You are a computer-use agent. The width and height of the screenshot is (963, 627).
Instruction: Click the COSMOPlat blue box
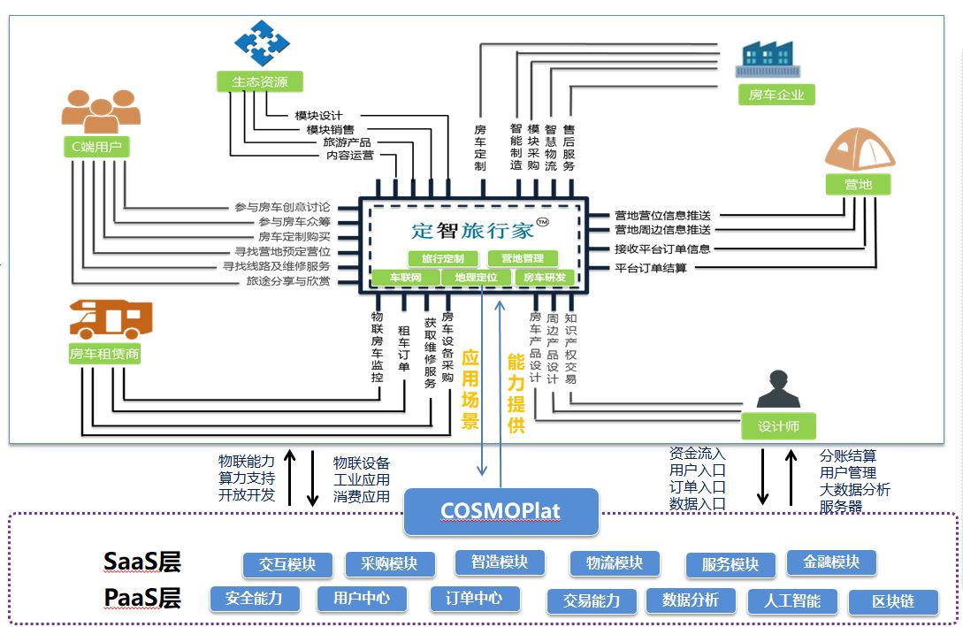pos(501,511)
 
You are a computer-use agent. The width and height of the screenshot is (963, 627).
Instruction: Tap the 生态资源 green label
pos(260,82)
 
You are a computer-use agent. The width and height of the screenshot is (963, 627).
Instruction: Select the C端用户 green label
pos(96,147)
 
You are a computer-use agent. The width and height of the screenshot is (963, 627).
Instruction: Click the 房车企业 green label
pos(776,94)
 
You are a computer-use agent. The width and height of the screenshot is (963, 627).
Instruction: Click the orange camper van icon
pos(111,318)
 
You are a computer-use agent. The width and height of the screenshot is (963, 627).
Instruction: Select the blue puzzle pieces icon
pos(262,42)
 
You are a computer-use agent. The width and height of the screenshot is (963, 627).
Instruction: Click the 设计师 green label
pos(778,426)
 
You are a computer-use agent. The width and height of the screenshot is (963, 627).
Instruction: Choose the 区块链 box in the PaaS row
pos(892,602)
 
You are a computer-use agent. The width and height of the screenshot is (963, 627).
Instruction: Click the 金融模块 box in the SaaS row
pos(830,562)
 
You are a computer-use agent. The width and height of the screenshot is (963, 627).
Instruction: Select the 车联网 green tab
pos(405,278)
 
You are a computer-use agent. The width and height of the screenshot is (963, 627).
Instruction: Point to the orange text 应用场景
pos(470,389)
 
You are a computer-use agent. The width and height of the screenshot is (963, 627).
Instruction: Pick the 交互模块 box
pos(287,564)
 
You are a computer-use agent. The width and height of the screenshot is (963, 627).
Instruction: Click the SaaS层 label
pos(142,562)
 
